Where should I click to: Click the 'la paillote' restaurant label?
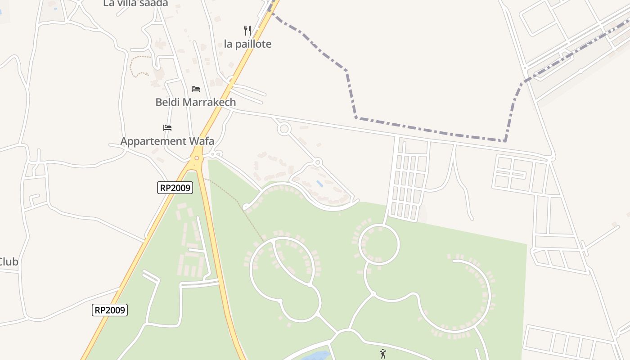247,44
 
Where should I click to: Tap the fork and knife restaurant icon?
247,31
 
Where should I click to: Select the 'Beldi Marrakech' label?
195,102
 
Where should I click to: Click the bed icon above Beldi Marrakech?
195,89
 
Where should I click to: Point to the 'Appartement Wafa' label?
167,141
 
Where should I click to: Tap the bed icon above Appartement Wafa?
167,128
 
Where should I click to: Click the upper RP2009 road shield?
175,188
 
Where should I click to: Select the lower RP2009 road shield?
110,310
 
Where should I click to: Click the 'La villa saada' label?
135,3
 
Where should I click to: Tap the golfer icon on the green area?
383,354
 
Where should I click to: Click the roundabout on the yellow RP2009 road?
196,158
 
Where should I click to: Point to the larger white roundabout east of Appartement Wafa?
283,129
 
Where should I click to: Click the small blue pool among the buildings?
319,184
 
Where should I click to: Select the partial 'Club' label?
9,262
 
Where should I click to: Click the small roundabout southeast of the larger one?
318,162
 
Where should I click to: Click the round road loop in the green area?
379,245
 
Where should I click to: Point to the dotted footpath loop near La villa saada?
139,66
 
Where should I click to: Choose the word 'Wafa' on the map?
201,141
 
